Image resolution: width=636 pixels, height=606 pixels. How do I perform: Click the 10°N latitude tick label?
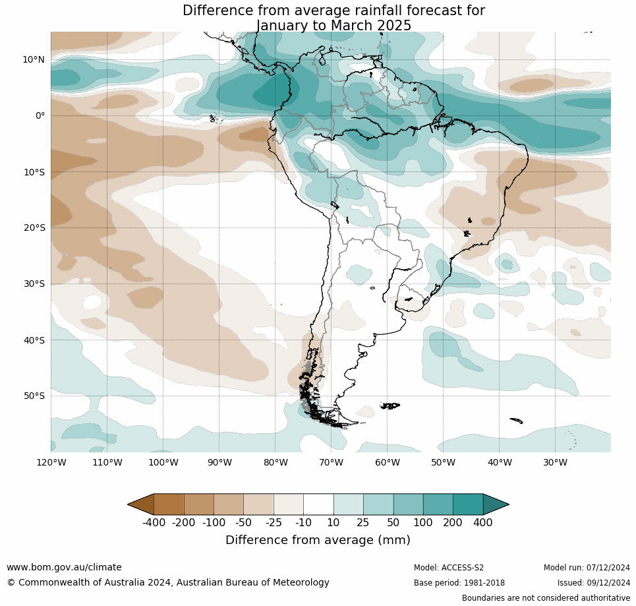(x=34, y=59)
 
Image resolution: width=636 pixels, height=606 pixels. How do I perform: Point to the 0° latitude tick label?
(x=40, y=115)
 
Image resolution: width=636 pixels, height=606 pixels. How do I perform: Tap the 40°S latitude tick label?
(x=34, y=340)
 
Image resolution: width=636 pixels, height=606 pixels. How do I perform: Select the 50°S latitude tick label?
(x=34, y=396)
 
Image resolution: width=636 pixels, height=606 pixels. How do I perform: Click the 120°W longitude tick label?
(x=51, y=462)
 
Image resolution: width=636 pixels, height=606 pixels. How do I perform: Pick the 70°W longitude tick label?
(x=331, y=462)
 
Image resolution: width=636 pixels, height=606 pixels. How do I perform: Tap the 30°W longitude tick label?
(x=555, y=462)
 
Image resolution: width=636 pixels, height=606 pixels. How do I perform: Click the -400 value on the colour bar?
(x=154, y=523)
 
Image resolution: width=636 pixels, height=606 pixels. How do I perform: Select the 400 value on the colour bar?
(x=482, y=523)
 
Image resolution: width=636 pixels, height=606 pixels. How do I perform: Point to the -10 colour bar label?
(x=303, y=523)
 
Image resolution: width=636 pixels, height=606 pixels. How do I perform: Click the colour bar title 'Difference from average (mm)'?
(x=318, y=540)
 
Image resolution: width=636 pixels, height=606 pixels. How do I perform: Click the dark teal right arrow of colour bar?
(x=496, y=504)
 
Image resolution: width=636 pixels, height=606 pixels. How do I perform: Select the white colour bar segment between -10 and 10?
(x=318, y=504)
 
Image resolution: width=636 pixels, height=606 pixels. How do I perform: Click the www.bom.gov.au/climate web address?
(x=64, y=567)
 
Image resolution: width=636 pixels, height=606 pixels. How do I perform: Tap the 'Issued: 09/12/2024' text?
(x=593, y=583)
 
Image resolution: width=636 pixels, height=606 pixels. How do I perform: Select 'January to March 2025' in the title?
(x=333, y=26)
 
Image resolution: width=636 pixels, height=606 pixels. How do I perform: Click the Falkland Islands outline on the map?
(x=390, y=406)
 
